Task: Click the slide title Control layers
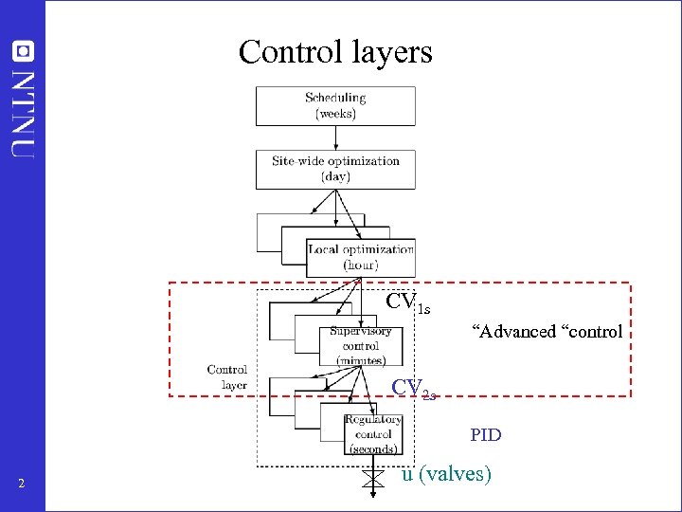point(335,51)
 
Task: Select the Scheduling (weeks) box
point(335,105)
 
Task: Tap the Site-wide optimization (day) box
point(335,169)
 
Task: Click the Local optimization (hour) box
point(361,257)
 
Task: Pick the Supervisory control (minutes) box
point(361,345)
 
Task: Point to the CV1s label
point(408,303)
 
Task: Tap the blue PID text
point(486,436)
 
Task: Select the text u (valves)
point(446,474)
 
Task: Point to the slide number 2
point(21,485)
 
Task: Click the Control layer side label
point(227,376)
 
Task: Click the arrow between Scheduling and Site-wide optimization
point(335,137)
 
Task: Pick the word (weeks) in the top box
point(335,114)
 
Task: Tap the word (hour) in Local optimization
point(361,265)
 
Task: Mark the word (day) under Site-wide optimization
point(335,176)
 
